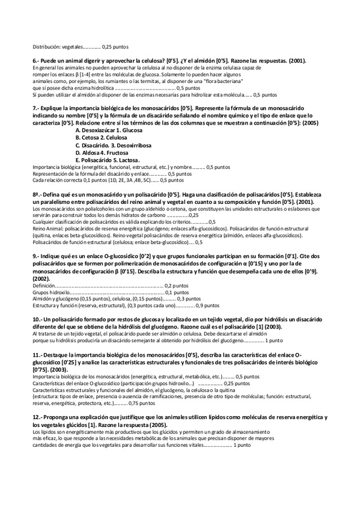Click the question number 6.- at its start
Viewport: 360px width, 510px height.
click(35, 61)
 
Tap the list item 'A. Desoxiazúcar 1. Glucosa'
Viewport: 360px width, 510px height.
click(105, 129)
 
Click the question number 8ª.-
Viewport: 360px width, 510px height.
click(37, 195)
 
